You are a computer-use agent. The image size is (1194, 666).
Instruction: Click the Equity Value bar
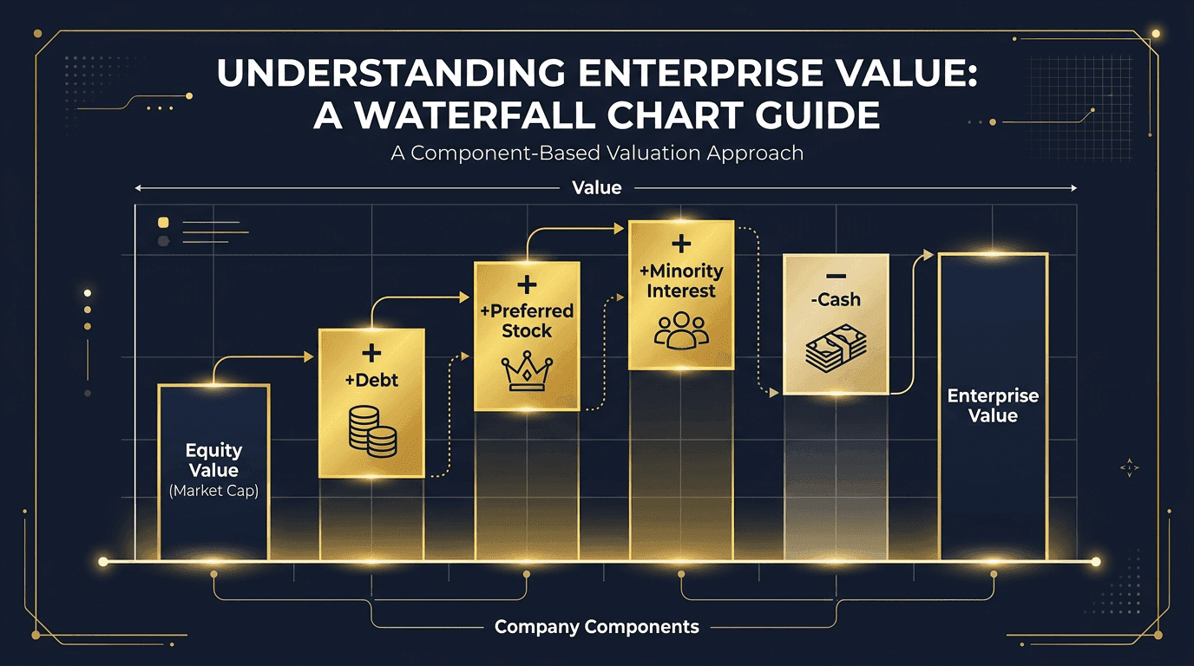click(213, 473)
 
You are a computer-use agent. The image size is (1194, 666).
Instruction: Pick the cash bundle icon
click(836, 349)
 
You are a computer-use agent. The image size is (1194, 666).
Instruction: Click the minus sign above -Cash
click(836, 275)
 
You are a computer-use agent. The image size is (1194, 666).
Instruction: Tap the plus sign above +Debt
click(371, 353)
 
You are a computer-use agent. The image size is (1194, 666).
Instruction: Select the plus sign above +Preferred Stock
click(527, 286)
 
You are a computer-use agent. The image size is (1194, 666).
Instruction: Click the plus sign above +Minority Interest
click(681, 243)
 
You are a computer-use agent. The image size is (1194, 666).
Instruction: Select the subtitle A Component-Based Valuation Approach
click(597, 153)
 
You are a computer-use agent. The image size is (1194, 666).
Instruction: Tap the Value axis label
click(597, 187)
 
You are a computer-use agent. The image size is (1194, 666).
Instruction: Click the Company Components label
click(597, 627)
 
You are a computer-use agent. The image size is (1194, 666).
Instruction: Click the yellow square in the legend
click(163, 223)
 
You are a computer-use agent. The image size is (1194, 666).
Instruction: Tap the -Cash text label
click(836, 300)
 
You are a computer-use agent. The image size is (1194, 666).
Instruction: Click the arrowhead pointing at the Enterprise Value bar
click(928, 255)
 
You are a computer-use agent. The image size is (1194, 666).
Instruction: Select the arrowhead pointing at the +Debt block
click(309, 356)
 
